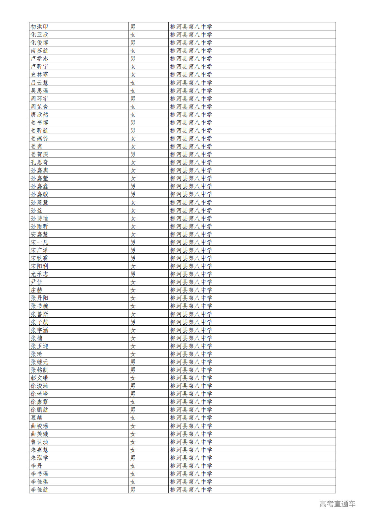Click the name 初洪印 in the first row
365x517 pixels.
[x=39, y=27]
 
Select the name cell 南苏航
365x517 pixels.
[x=39, y=50]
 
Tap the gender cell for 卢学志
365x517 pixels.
[x=133, y=58]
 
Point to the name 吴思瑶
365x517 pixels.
[x=39, y=91]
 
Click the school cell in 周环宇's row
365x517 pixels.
[x=191, y=98]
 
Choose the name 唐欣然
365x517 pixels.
[x=39, y=114]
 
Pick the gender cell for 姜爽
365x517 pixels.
[x=133, y=146]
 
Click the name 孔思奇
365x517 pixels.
[x=39, y=162]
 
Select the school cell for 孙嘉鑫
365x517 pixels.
[x=191, y=186]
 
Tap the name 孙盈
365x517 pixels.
[x=36, y=210]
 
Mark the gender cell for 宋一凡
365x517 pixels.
[x=133, y=242]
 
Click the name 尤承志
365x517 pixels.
[x=39, y=274]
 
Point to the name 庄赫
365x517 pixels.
[x=36, y=290]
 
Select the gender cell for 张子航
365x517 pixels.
[x=133, y=322]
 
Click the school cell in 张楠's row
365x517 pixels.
[x=191, y=338]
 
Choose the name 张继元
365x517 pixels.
[x=39, y=362]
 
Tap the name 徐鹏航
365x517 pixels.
[x=39, y=410]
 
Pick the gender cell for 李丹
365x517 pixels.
[x=133, y=466]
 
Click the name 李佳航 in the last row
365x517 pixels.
[x=39, y=489]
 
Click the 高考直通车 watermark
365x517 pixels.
[x=337, y=504]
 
